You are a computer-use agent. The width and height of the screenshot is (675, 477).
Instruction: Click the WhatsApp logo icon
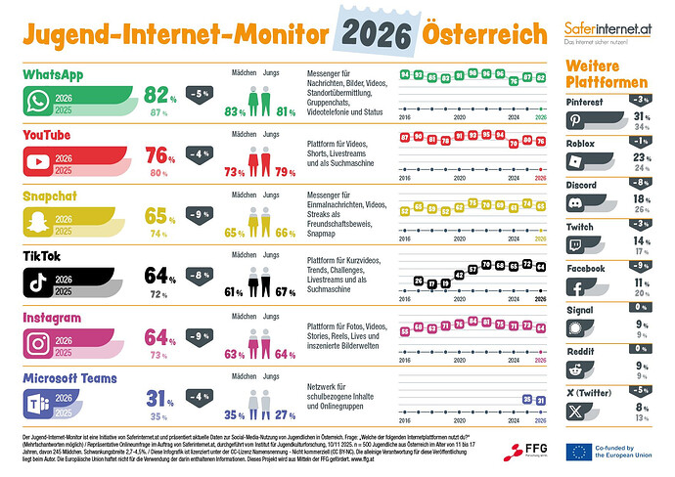point(38,101)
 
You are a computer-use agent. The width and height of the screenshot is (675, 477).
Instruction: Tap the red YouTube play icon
point(38,160)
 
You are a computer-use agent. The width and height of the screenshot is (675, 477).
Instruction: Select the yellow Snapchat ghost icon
point(38,223)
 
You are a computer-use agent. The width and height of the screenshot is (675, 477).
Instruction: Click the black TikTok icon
point(38,283)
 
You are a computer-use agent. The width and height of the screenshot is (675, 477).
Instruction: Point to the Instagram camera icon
point(38,343)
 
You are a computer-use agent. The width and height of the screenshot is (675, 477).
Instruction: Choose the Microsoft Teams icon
point(38,404)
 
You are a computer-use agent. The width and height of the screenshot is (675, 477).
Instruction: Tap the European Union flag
point(577,450)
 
